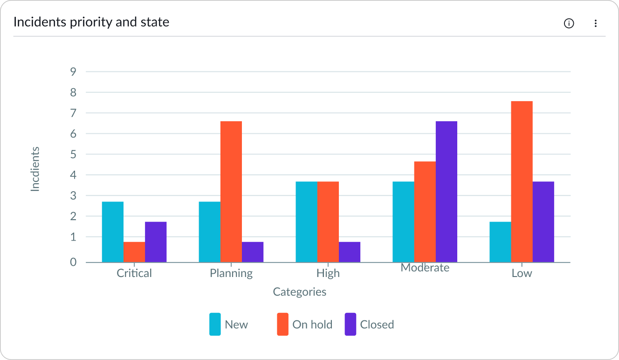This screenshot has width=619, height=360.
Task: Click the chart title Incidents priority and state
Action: (x=91, y=22)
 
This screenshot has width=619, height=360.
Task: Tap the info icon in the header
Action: (x=569, y=23)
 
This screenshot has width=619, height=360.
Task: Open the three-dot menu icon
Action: (x=595, y=23)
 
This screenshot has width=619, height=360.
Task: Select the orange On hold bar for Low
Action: (x=522, y=182)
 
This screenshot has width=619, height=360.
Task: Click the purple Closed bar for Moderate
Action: (x=446, y=192)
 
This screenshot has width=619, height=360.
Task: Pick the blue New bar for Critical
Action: (x=113, y=232)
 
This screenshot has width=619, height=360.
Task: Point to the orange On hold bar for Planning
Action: (x=231, y=192)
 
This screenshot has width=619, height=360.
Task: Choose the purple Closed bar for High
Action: (x=349, y=252)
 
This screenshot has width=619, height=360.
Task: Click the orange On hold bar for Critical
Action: (x=134, y=252)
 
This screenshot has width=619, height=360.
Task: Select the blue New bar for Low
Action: (x=500, y=242)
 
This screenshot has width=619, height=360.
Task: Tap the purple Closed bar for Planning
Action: (x=253, y=252)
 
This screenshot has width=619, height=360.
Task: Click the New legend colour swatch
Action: (x=215, y=324)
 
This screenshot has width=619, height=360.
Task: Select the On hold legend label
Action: (x=312, y=325)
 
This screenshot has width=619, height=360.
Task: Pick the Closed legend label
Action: (x=377, y=325)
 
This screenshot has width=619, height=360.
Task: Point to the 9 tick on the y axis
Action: (x=73, y=72)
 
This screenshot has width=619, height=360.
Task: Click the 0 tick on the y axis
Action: (x=73, y=262)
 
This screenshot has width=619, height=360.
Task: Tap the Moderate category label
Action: (x=425, y=268)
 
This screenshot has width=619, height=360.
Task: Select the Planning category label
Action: (x=231, y=273)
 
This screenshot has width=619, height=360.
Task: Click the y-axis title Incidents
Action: (x=35, y=169)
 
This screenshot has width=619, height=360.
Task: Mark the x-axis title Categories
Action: (x=299, y=292)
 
